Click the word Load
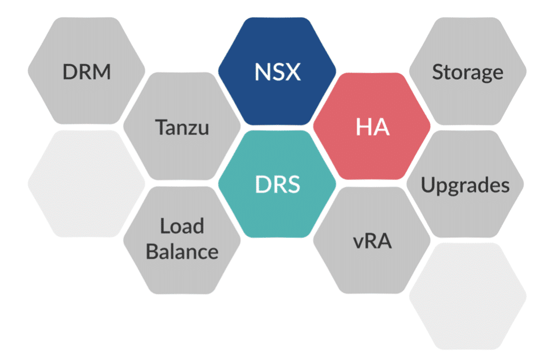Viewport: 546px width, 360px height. click(181, 226)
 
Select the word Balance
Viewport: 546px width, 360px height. click(181, 251)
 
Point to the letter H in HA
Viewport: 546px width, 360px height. click(364, 128)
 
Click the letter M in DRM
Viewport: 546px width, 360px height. click(102, 72)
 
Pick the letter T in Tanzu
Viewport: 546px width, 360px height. click(160, 128)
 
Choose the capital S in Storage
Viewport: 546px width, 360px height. click(437, 72)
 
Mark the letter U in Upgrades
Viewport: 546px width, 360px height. click(428, 184)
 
